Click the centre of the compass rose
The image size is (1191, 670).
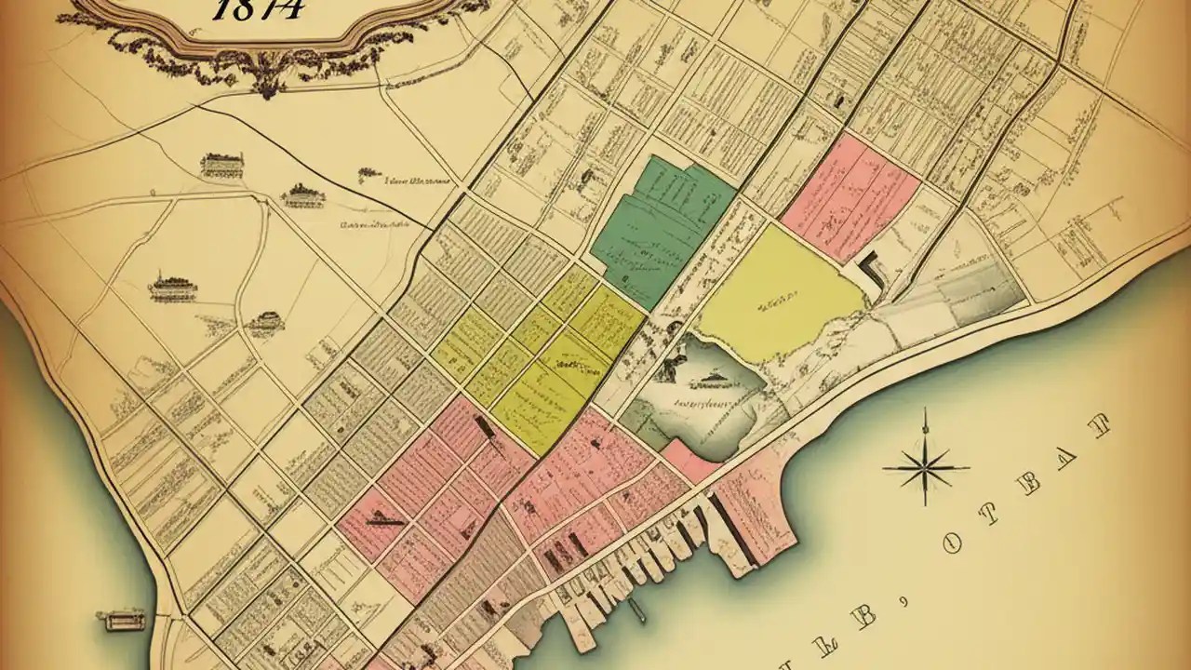[x=925, y=467]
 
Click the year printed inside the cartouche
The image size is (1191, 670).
[x=256, y=9]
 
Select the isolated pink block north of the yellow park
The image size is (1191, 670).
[x=851, y=195]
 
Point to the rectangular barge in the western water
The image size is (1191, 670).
[x=125, y=620]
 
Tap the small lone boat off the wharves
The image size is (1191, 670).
[x=636, y=610]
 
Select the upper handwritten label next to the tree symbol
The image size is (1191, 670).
[x=419, y=181]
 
